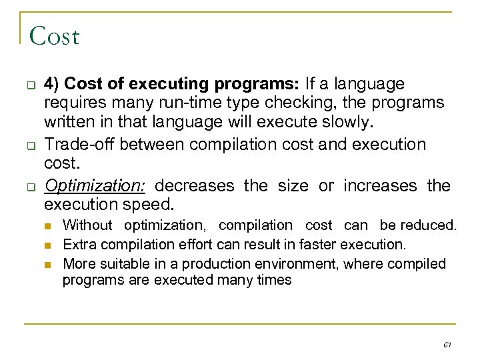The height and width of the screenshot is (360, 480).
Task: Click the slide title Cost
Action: coord(55,36)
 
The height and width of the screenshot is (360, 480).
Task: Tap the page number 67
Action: coord(447,345)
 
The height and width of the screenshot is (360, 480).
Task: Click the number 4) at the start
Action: coord(53,85)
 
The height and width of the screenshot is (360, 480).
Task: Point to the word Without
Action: coord(87,226)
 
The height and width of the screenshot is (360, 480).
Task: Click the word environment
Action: coord(300,263)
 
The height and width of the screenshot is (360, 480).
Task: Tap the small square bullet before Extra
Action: coord(50,245)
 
